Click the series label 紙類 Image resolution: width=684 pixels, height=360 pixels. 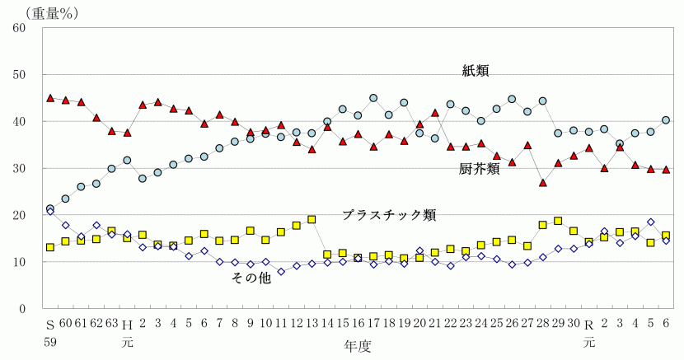[476, 72]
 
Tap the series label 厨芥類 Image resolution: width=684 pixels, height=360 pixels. [479, 170]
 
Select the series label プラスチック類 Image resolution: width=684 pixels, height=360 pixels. [389, 216]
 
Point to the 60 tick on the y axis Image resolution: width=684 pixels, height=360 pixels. [21, 27]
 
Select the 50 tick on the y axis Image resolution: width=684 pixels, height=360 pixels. [21, 74]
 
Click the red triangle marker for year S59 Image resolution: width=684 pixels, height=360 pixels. [50, 98]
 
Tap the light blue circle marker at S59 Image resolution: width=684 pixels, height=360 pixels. [50, 209]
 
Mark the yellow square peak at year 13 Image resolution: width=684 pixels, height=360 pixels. [312, 219]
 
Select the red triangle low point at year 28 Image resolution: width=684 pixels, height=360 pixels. [542, 183]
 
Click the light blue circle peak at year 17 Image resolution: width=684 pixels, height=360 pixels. [373, 98]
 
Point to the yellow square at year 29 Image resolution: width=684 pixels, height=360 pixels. [558, 221]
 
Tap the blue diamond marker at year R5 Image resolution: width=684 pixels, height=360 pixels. [650, 222]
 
